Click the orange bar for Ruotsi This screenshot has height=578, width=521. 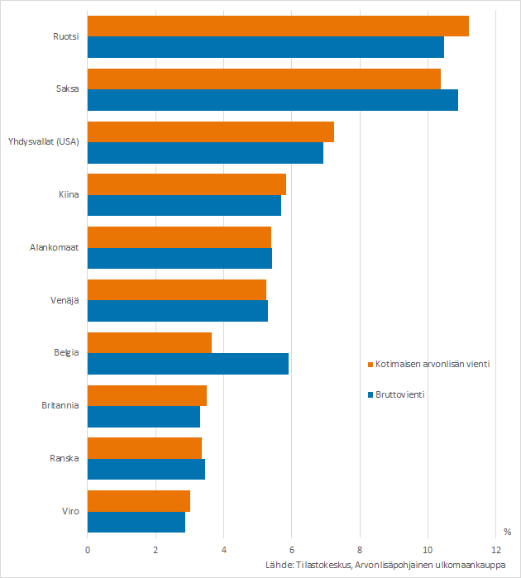pos(278,26)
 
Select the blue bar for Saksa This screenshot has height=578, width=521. pos(272,100)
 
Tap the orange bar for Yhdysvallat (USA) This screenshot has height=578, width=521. pos(211,132)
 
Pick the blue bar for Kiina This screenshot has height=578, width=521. pos(184,206)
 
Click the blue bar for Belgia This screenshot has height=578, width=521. pos(188,364)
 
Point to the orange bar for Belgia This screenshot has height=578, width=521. pos(150,343)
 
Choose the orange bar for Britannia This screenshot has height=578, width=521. pos(147,395)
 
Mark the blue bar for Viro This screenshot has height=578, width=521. pos(136,522)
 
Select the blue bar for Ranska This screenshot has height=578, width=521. pos(146,470)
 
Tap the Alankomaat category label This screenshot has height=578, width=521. pos(54,247)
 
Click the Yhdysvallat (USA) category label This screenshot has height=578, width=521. pos(43,142)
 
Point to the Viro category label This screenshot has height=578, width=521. pos(71,511)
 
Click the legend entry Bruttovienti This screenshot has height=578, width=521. pos(400,394)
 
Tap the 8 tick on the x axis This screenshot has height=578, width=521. pos(360,548)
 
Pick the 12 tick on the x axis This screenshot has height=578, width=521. pos(495,548)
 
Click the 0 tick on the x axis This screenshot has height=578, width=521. pos(88,548)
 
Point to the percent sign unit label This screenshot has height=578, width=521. pos(506,531)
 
